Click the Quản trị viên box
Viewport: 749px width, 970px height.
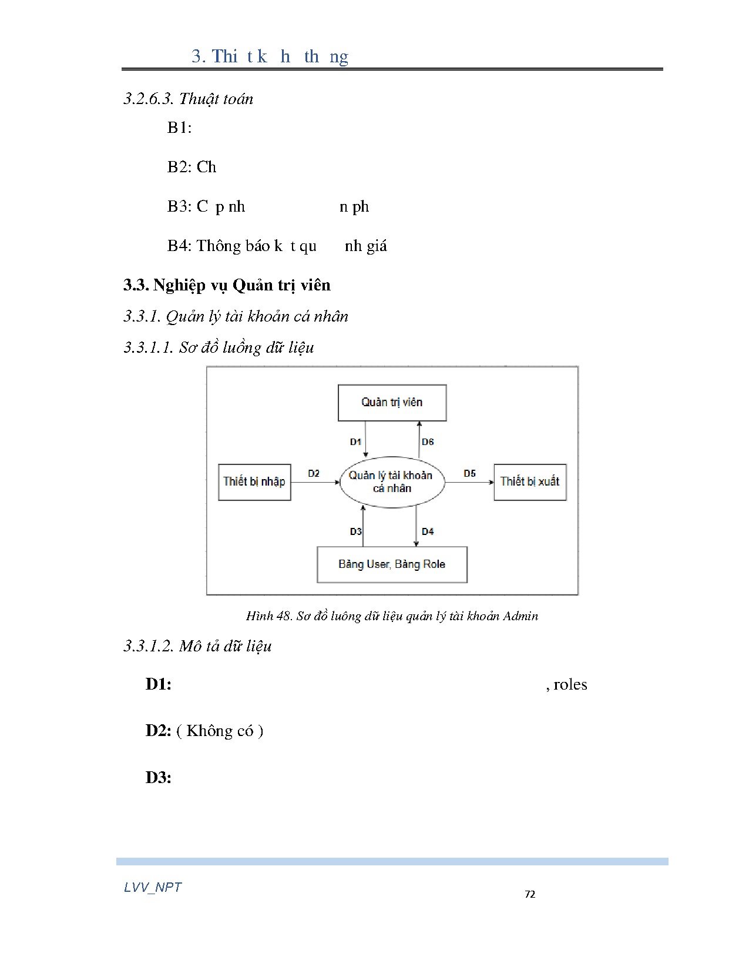click(392, 403)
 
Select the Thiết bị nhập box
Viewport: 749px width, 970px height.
click(254, 482)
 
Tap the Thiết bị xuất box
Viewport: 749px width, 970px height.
click(529, 482)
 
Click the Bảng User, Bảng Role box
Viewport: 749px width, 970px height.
click(392, 564)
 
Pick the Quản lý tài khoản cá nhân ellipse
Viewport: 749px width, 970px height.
click(392, 482)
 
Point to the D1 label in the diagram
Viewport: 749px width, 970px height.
click(355, 442)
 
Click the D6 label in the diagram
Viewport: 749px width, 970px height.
click(428, 442)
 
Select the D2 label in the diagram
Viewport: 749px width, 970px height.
click(314, 473)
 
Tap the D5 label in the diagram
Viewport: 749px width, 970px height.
click(469, 473)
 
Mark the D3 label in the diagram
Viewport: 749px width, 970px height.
click(356, 531)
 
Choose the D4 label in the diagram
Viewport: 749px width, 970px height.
click(428, 531)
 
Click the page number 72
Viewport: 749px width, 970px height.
click(530, 894)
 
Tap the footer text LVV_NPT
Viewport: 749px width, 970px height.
click(153, 887)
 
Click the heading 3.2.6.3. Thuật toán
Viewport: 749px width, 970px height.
click(188, 99)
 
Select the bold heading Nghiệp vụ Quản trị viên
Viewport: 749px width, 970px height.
click(241, 285)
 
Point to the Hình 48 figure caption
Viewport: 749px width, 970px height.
click(392, 616)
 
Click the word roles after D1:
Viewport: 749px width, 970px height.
click(570, 684)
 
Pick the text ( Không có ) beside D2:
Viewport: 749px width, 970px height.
click(220, 731)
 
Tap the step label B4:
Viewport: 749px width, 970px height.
click(179, 246)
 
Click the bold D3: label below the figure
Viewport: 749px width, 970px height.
click(159, 778)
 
